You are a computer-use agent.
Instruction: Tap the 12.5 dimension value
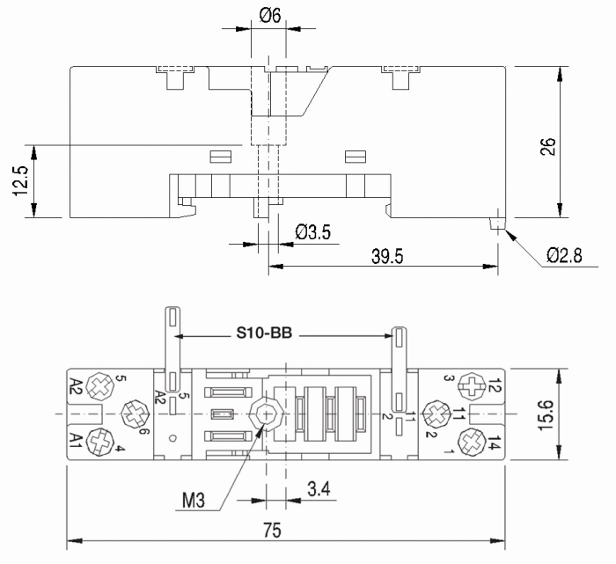click(21, 180)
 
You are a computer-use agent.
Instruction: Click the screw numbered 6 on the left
click(135, 411)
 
